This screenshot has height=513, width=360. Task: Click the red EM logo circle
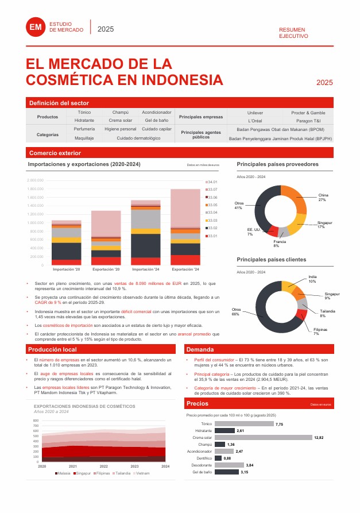pyautogui.click(x=36, y=27)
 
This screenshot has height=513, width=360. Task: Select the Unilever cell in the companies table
pyautogui.click(x=255, y=113)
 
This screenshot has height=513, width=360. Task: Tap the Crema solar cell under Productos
pyautogui.click(x=120, y=121)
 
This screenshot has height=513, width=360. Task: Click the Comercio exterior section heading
pyautogui.click(x=55, y=153)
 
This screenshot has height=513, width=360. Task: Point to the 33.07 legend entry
pyautogui.click(x=211, y=190)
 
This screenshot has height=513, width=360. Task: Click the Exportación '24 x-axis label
pyautogui.click(x=185, y=269)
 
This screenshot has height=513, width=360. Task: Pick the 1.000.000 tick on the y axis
pyautogui.click(x=36, y=222)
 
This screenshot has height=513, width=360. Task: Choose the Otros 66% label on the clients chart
pyautogui.click(x=235, y=312)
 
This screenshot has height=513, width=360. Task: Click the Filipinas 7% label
pyautogui.click(x=320, y=331)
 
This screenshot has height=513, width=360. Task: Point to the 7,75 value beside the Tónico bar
pyautogui.click(x=279, y=424)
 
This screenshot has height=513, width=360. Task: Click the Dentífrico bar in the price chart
pyautogui.click(x=218, y=458)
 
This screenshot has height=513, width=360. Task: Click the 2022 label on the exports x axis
pyautogui.click(x=103, y=466)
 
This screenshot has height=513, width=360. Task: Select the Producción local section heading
pyautogui.click(x=53, y=349)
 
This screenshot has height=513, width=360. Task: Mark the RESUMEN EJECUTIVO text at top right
pyautogui.click(x=293, y=33)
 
